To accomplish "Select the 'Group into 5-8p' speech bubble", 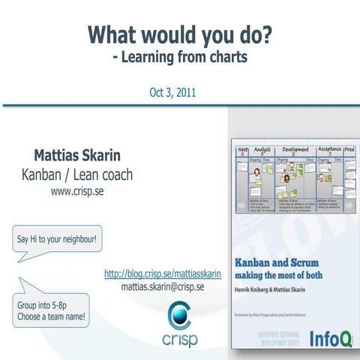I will click(x=51, y=310).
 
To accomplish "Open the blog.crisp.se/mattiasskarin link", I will click(x=163, y=274).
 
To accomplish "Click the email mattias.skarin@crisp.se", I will click(x=163, y=286).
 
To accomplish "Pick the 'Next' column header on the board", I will click(x=242, y=150).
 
